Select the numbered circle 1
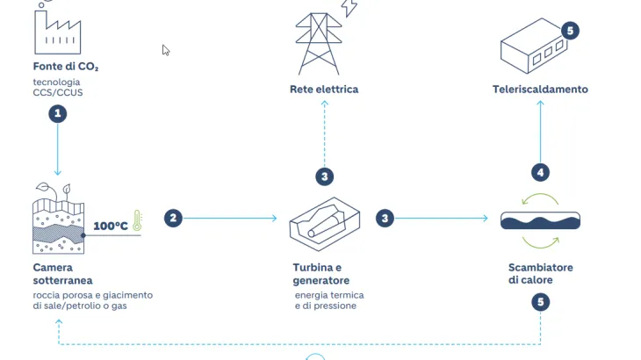tap(58, 113)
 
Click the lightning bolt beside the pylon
tap(349, 8)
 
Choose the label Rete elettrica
tap(324, 89)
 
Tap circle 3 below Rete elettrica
tap(324, 176)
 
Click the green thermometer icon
tap(137, 221)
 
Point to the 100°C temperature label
tap(111, 226)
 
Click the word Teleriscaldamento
tap(539, 89)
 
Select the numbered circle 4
tap(541, 172)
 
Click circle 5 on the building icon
tap(570, 31)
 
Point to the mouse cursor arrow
tap(165, 50)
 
